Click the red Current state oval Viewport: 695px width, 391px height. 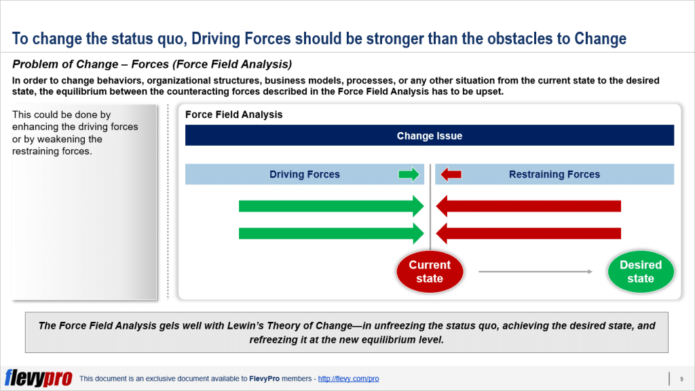[x=430, y=272]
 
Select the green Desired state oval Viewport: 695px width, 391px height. [x=640, y=272]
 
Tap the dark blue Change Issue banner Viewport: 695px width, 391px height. [x=430, y=136]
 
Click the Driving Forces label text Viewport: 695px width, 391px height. [x=304, y=174]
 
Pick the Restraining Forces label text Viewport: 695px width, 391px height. [x=554, y=174]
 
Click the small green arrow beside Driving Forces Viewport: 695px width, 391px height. [x=409, y=175]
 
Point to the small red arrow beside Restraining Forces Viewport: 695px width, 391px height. [x=451, y=175]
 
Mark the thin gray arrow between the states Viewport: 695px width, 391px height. [x=535, y=272]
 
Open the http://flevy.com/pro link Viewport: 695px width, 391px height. [x=348, y=379]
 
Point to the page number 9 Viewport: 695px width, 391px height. [x=681, y=378]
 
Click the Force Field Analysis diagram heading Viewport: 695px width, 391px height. [x=233, y=115]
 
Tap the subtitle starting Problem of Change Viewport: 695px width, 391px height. [x=152, y=65]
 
